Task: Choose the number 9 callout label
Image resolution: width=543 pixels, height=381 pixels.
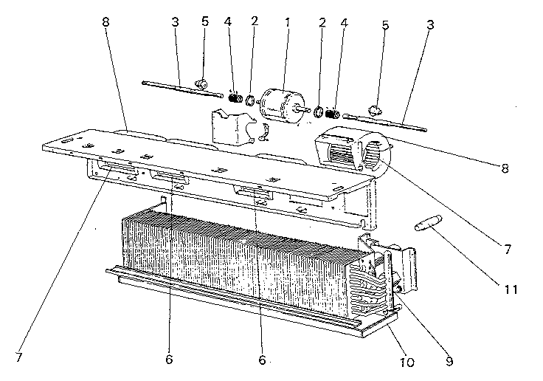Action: pos(449,363)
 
